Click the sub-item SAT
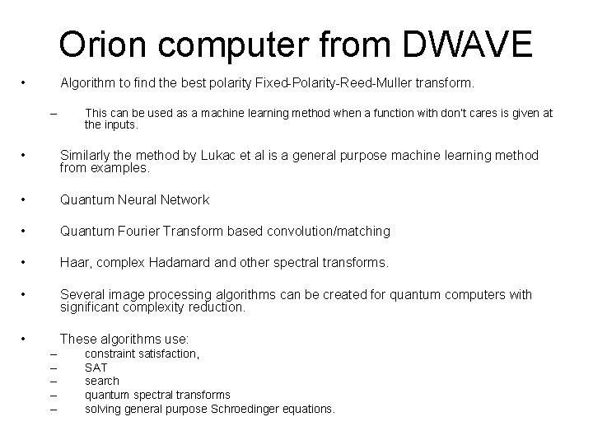[96, 368]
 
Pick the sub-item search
[102, 381]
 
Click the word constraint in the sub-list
[112, 354]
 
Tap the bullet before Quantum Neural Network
[26, 199]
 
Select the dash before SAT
[54, 368]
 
